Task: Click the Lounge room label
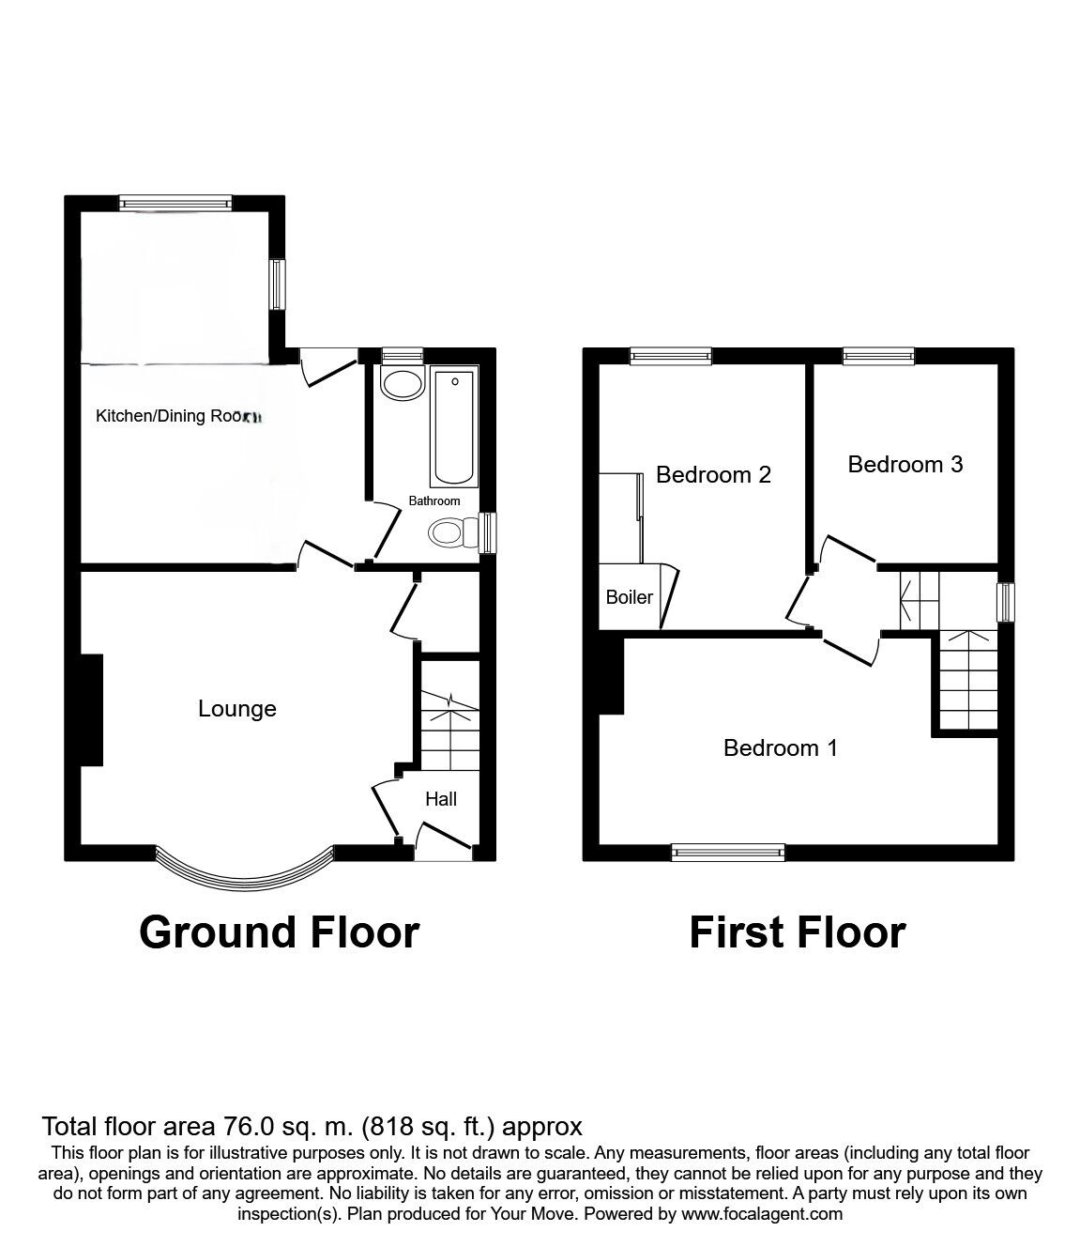point(237,709)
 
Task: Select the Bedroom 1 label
point(780,748)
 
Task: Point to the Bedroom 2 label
point(713,475)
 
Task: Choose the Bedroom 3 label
point(905,464)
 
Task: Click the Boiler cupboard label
point(629,597)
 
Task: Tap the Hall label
point(441,799)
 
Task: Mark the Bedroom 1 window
point(728,852)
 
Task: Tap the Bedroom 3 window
point(878,355)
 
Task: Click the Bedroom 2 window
point(670,355)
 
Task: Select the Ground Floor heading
point(279,932)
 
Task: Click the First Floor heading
point(798,932)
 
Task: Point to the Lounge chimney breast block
point(92,710)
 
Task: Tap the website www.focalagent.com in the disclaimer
point(761,1214)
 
